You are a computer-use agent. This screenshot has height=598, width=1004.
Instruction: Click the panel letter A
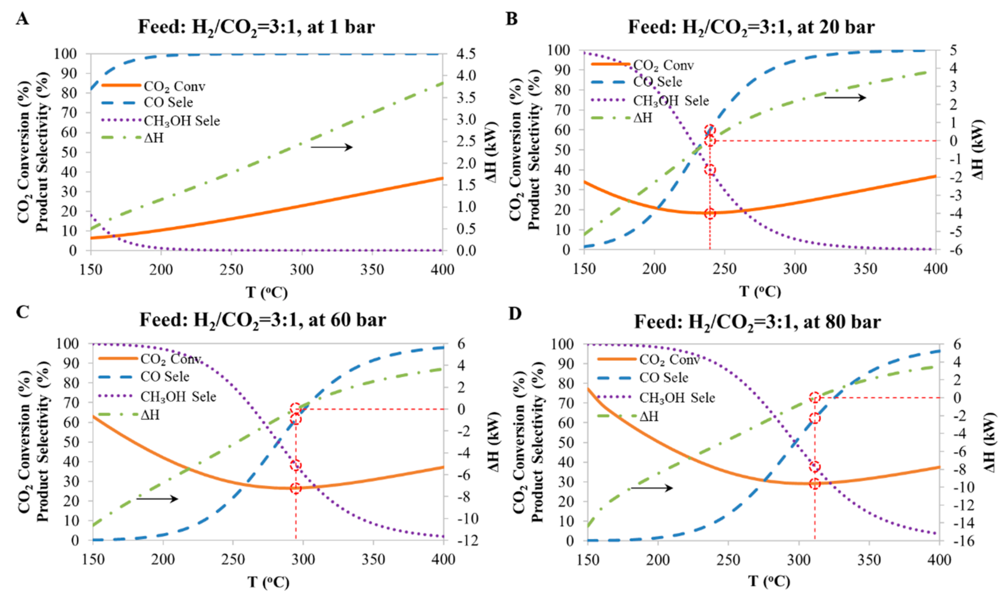22,19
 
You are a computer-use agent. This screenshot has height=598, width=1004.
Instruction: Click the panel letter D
514,313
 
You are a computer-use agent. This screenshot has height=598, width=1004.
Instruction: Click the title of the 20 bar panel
751,27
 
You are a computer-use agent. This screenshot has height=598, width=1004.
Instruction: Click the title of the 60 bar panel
262,320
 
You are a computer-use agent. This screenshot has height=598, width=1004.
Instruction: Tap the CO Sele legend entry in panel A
168,102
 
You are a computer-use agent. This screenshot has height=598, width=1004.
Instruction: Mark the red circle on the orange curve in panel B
710,213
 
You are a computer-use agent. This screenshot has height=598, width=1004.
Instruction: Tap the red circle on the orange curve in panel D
815,483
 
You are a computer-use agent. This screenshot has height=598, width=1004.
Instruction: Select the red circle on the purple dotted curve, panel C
296,465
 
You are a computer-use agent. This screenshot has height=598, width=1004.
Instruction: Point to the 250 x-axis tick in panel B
724,269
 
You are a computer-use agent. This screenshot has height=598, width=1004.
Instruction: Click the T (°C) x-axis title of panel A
267,292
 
